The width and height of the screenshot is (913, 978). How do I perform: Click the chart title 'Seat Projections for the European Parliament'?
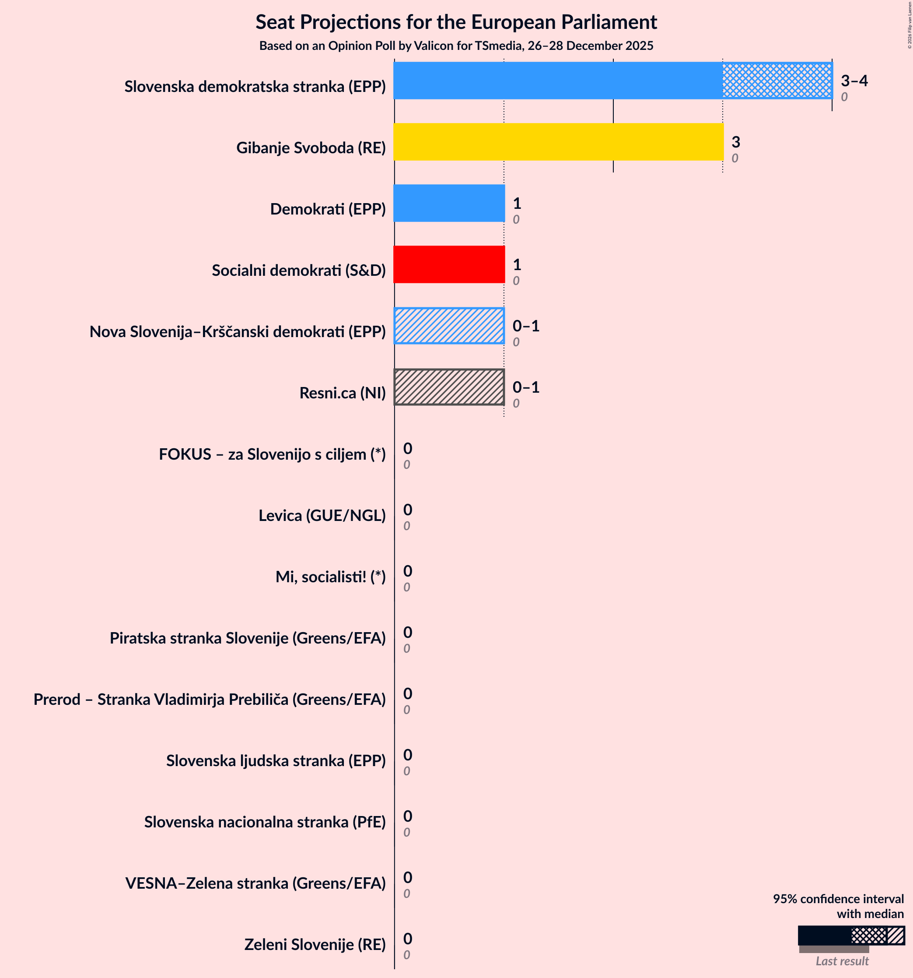tap(456, 23)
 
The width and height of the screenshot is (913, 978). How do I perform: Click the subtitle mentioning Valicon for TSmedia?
tap(456, 46)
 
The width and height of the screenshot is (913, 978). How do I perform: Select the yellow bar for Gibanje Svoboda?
tap(558, 142)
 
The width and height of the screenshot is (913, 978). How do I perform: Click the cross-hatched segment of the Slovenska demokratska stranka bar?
tap(777, 81)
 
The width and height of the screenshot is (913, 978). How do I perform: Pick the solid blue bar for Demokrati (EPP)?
tap(449, 203)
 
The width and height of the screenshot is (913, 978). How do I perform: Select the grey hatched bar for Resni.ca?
tap(449, 387)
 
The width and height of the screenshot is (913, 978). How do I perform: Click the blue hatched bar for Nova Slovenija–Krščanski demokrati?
tap(449, 326)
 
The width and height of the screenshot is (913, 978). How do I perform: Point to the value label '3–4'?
tap(854, 81)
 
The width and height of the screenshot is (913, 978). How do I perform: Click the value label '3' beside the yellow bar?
tap(735, 142)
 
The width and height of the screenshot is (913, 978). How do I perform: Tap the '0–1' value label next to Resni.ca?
tap(525, 387)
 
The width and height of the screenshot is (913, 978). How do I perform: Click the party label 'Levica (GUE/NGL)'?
tap(322, 516)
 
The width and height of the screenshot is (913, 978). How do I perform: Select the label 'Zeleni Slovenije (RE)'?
tap(315, 945)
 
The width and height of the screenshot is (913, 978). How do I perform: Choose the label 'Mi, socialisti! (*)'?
tap(330, 577)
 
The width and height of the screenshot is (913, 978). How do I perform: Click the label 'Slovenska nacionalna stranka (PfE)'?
tap(265, 822)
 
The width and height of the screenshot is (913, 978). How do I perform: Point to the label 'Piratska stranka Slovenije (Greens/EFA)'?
tap(247, 638)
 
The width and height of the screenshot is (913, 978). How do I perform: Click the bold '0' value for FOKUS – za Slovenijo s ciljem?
tap(408, 448)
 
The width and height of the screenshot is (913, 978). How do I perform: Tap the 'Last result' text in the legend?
tap(842, 961)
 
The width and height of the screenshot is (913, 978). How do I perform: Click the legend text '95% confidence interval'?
tap(838, 899)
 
